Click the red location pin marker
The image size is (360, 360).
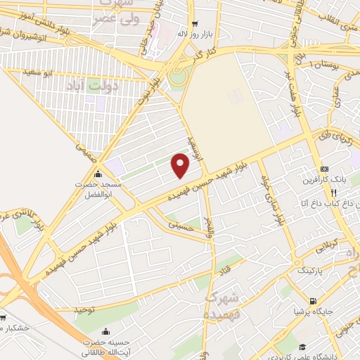click(181, 166)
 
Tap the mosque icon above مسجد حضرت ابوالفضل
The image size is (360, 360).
click(98, 174)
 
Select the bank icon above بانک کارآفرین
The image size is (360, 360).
click(324, 169)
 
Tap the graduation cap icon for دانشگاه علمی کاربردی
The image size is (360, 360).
click(302, 347)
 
